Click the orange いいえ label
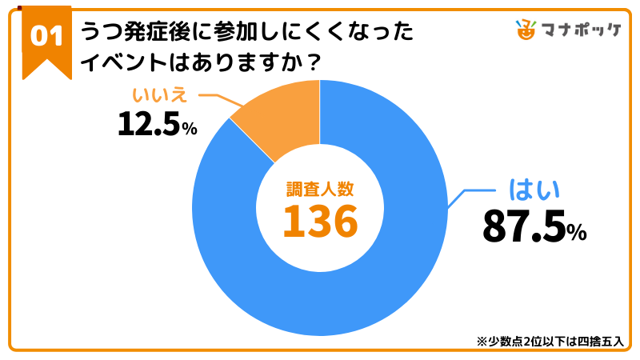pos(160,95)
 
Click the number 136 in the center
pos(320,221)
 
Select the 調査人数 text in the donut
pos(320,190)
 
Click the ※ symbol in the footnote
pos(482,341)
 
